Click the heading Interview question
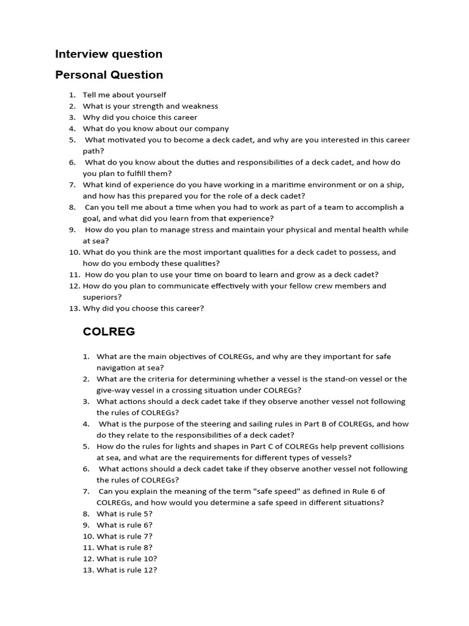coord(109,54)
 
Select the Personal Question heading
coord(109,75)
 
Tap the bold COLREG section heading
coord(109,332)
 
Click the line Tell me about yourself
coord(124,95)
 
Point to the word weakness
coord(200,106)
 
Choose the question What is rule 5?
coord(125,514)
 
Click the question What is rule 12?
coord(126,570)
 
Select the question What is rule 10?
coord(126,559)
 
